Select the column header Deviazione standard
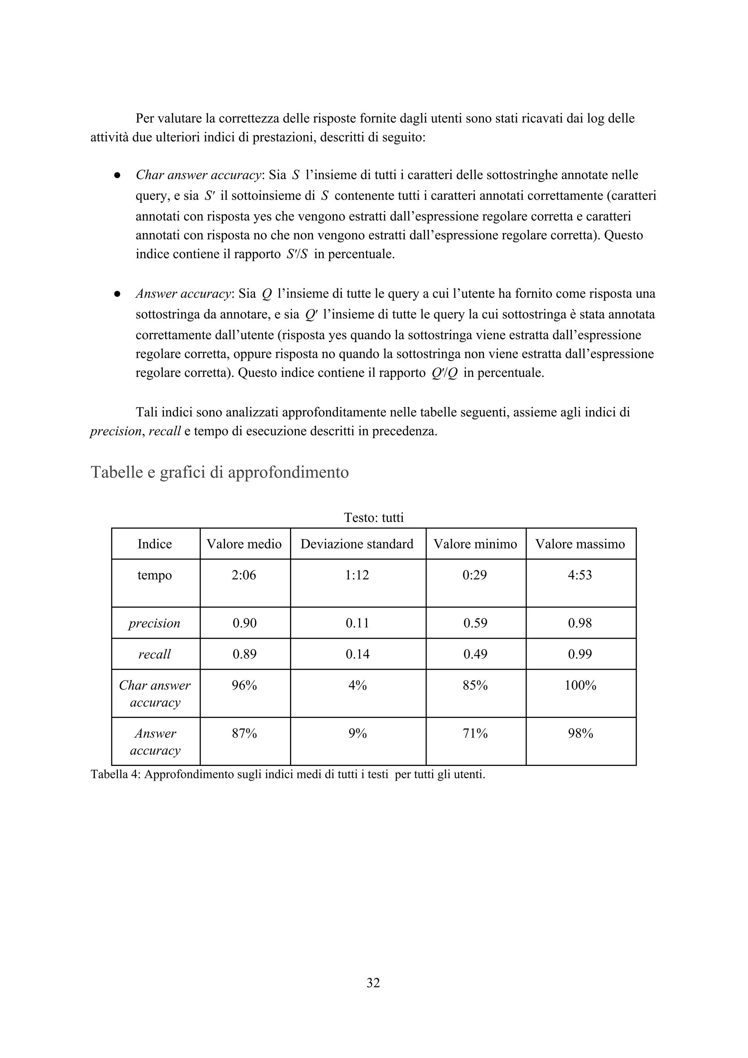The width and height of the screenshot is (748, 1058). [357, 544]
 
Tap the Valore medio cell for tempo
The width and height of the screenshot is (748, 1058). [244, 575]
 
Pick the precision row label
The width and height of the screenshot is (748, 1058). [154, 623]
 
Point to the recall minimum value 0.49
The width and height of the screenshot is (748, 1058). [475, 654]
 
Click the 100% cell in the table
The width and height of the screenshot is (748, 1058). [580, 685]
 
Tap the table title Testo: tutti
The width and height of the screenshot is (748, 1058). [374, 518]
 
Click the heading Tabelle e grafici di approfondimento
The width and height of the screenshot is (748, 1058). [220, 472]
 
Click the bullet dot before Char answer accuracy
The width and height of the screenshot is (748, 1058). [118, 176]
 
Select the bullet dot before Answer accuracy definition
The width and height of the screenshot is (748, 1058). [118, 294]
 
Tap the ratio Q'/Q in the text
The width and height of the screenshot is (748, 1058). [444, 373]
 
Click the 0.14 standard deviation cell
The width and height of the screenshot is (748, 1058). [357, 654]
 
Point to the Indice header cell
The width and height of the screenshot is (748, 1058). [154, 544]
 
